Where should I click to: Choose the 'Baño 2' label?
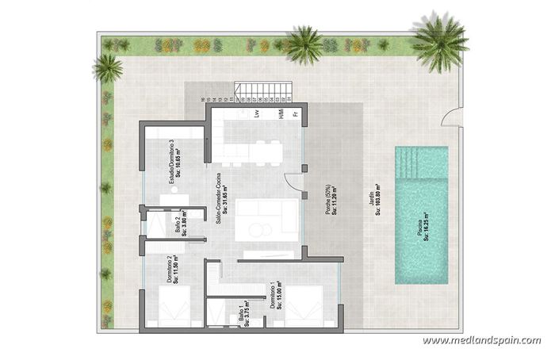[180, 223]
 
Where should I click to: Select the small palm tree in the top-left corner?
[107, 67]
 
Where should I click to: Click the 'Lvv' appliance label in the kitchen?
[257, 113]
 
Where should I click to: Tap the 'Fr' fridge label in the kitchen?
[295, 114]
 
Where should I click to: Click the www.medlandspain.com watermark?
[481, 341]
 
